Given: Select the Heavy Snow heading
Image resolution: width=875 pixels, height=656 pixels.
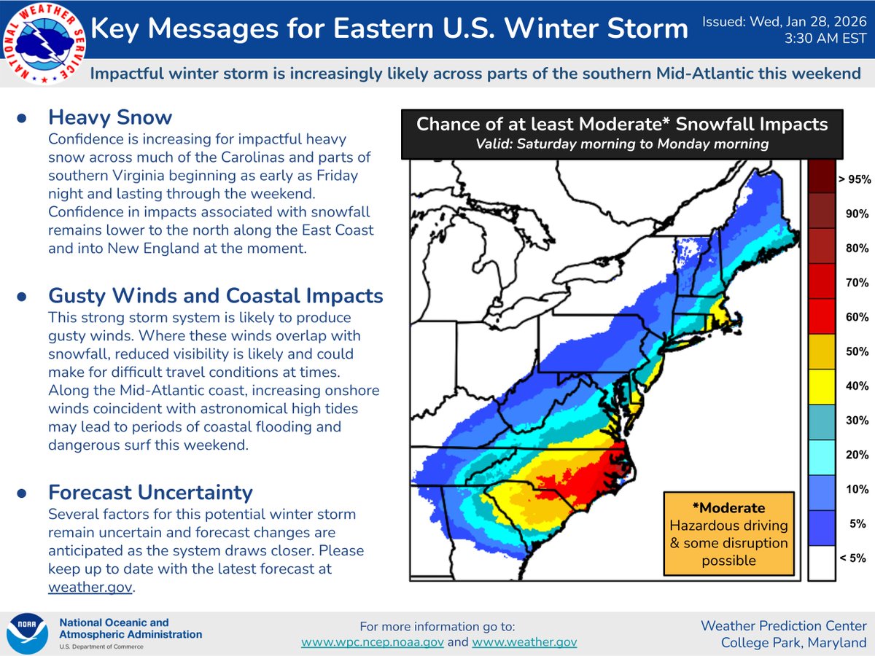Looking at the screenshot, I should click(x=110, y=117).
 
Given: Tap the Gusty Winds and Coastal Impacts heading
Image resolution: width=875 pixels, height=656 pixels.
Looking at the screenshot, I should click(x=216, y=296).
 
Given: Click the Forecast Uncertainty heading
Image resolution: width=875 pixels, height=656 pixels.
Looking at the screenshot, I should click(x=150, y=492).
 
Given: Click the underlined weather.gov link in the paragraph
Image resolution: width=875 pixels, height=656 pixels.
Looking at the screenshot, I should click(x=90, y=587).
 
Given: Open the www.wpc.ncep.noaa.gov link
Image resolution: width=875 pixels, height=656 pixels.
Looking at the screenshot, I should click(x=372, y=642).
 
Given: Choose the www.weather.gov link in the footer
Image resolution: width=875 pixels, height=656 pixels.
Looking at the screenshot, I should click(x=524, y=642).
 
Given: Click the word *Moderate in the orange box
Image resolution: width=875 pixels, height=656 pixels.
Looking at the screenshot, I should click(x=728, y=507).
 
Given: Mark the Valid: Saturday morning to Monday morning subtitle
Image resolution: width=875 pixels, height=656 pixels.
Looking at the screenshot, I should click(x=622, y=144).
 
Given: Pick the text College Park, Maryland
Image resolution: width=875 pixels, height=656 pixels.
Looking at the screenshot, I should click(x=793, y=642).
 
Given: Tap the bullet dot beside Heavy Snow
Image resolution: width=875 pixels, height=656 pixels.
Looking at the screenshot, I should click(x=23, y=118).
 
